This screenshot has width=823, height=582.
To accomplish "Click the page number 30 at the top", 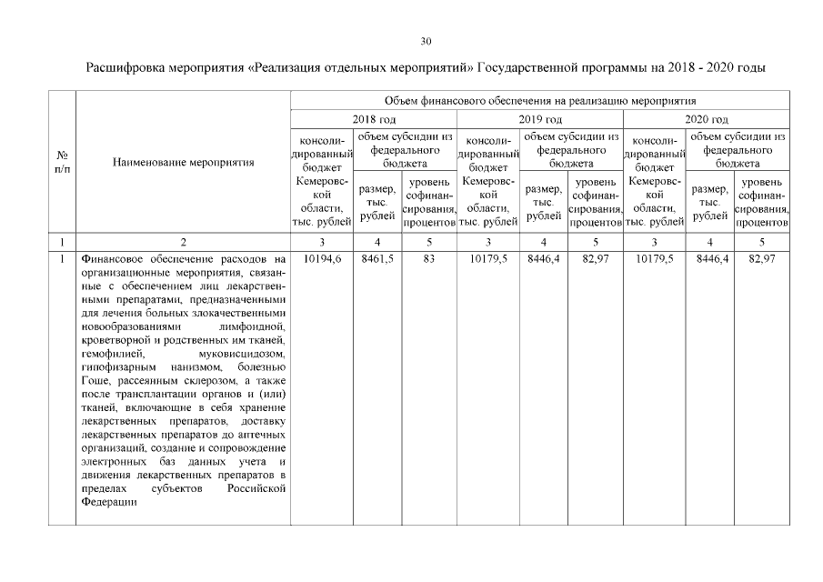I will (426, 41).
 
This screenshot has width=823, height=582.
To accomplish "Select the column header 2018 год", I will (374, 119).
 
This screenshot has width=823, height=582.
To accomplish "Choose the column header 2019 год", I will (540, 119).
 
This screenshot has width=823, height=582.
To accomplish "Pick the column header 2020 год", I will (707, 119).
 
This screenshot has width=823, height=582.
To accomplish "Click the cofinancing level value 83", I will (429, 259).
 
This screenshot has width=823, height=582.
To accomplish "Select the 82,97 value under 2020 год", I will (761, 259).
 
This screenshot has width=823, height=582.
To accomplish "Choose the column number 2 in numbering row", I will (183, 243).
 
